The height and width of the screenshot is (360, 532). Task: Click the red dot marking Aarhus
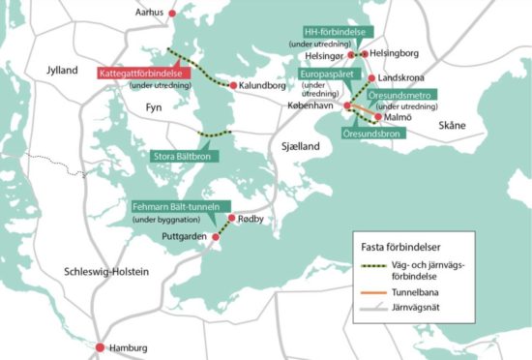pyautogui.click(x=173, y=14)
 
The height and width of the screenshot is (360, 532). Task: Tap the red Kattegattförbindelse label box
pyautogui.click(x=142, y=74)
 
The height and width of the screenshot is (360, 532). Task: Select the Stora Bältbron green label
pyautogui.click(x=185, y=155)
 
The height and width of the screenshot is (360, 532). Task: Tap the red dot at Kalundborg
pyautogui.click(x=232, y=85)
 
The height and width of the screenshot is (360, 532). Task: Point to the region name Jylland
pyautogui.click(x=67, y=72)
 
